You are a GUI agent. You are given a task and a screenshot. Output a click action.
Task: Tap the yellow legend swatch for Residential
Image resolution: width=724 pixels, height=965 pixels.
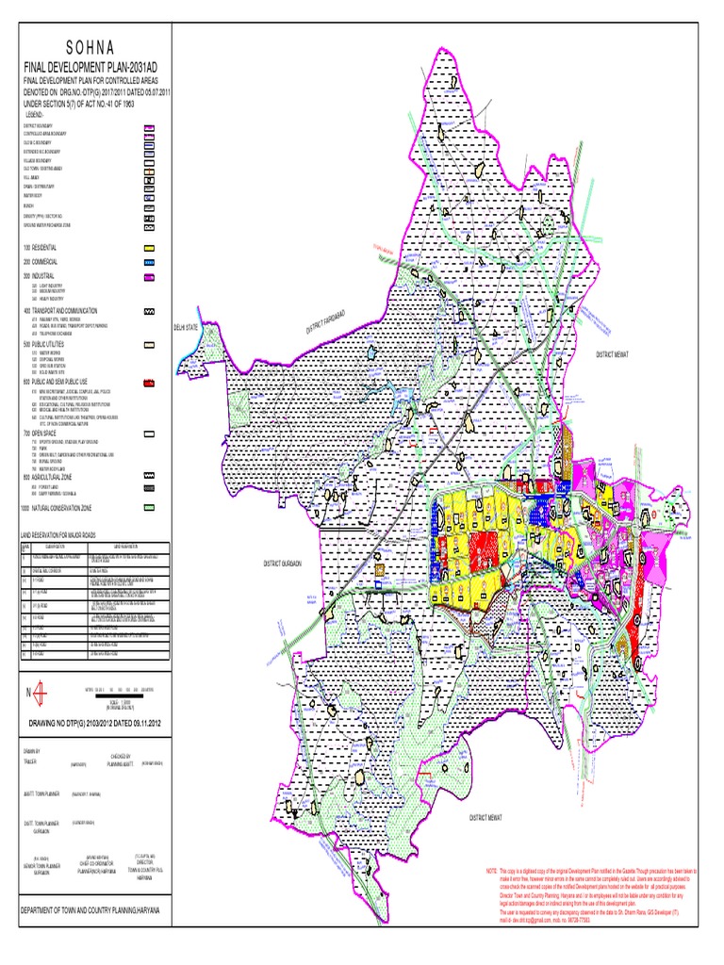(149, 246)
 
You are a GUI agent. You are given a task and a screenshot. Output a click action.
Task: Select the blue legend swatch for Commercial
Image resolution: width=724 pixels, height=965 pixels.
(149, 261)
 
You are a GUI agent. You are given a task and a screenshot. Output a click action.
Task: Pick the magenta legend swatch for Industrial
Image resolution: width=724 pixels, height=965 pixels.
(149, 277)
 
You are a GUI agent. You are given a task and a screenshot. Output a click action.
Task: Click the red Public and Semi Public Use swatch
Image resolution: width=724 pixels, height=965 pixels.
(149, 383)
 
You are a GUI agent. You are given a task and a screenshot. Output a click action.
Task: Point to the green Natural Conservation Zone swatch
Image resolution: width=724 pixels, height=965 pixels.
(149, 508)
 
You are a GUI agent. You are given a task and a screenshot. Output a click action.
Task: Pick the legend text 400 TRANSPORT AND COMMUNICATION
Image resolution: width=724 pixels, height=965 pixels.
(70, 310)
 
